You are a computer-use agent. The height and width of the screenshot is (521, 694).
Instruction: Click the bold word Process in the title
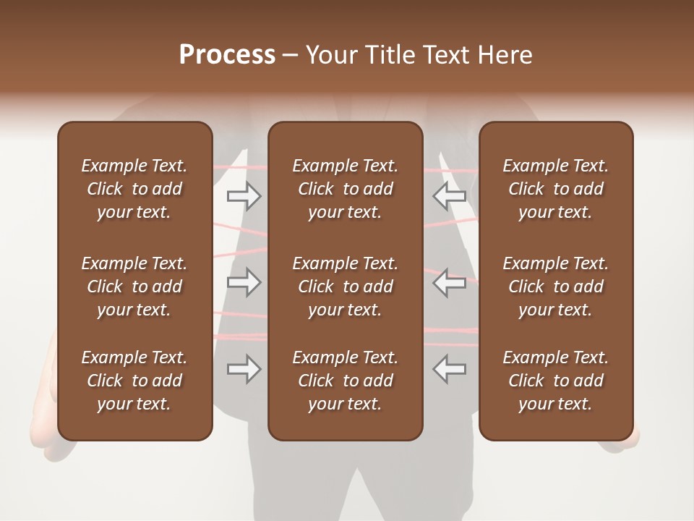pos(227,55)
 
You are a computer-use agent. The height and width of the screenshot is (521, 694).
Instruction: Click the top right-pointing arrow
pos(244,196)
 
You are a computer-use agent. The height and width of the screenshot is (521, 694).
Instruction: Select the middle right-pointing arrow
pos(244,282)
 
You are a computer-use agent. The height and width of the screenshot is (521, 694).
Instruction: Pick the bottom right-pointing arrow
pos(244,369)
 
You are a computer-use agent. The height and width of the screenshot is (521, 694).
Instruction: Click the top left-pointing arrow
pos(449,196)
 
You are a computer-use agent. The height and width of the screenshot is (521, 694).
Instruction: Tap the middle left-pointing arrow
pos(449,282)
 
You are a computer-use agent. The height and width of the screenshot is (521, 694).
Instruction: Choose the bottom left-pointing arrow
pos(449,369)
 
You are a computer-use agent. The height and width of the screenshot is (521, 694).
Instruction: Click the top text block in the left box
pos(134,189)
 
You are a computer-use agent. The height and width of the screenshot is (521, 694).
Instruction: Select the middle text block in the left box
pos(134,287)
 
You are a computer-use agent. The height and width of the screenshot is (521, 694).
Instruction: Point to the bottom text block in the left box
pos(134,381)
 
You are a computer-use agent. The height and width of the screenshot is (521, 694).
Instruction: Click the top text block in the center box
pos(345,189)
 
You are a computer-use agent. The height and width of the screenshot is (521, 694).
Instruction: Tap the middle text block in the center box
pos(345,287)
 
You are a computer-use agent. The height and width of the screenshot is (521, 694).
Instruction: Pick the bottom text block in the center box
pos(345,381)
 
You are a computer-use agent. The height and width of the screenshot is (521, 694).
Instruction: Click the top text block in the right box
pos(555,189)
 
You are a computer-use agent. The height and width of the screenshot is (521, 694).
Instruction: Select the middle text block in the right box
pos(555,287)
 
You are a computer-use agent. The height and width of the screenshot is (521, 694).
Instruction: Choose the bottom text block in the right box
pos(555,381)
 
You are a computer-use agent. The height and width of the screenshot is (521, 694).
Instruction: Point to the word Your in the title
pos(331,55)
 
